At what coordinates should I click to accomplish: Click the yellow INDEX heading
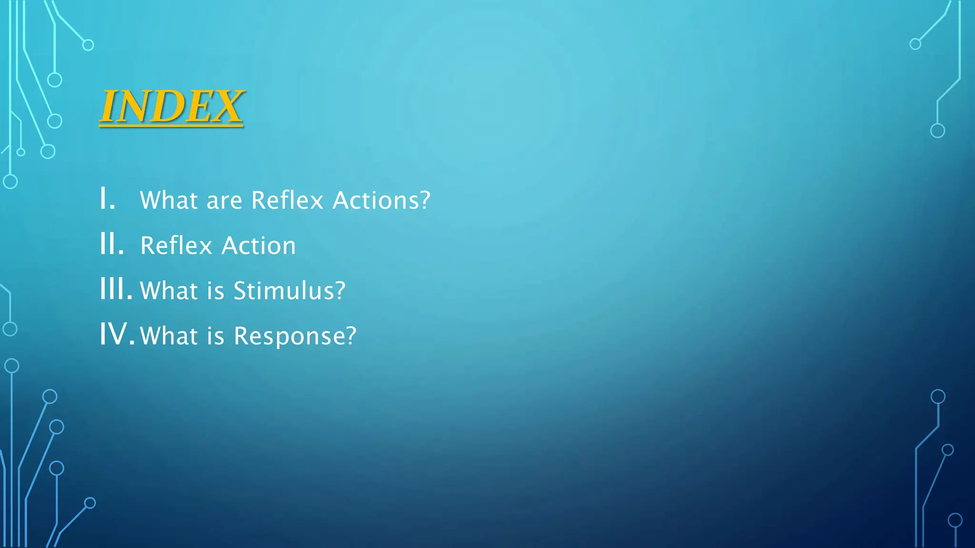[x=172, y=107]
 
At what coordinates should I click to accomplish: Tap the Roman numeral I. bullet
[x=108, y=198]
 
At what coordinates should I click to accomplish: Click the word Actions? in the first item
[x=381, y=200]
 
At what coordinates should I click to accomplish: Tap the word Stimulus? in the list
[x=289, y=291]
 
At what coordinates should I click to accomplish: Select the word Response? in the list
[x=295, y=336]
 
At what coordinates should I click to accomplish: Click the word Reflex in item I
[x=287, y=200]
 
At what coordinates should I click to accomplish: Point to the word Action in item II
[x=259, y=246]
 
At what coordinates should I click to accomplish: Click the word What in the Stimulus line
[x=169, y=291]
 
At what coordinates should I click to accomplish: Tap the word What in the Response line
[x=169, y=336]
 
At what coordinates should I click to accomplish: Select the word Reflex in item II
[x=176, y=246]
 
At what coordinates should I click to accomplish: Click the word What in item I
[x=169, y=200]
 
